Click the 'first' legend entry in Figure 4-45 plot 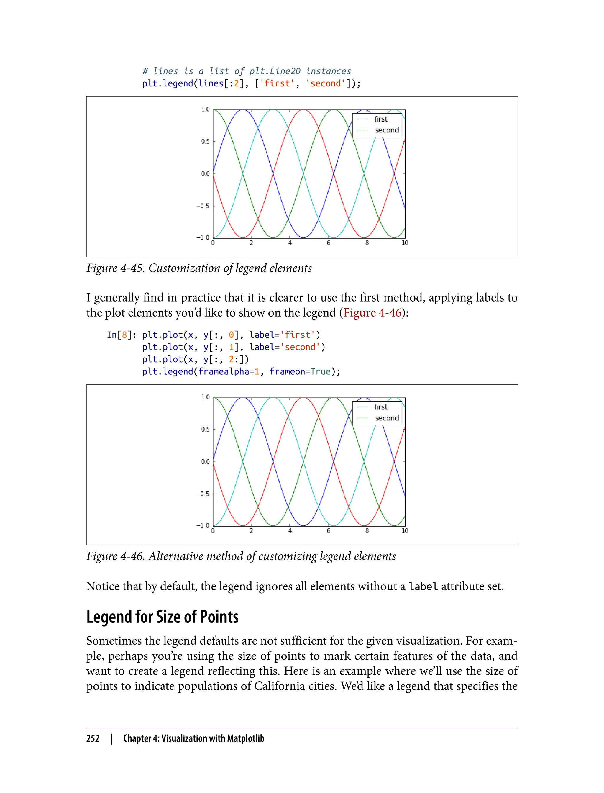pos(380,119)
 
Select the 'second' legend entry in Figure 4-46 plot pos(386,418)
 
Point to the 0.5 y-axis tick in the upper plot pos(205,141)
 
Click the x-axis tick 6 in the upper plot pos(328,243)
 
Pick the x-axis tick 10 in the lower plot pos(405,531)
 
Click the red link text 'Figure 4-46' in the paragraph pos(372,312)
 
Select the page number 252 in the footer pos(93,738)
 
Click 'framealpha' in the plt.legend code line pos(224,371)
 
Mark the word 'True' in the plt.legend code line pos(320,371)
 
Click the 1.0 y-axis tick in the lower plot pos(205,397)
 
